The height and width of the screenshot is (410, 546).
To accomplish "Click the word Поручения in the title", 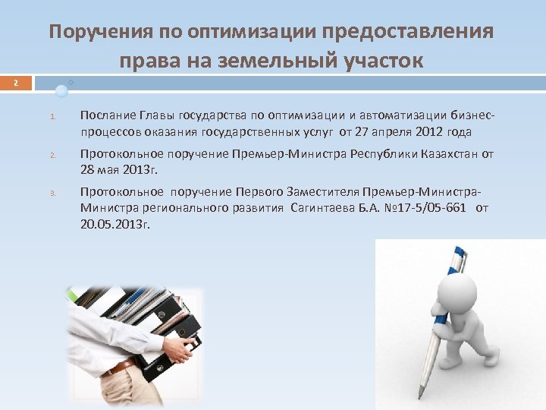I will coord(102,32).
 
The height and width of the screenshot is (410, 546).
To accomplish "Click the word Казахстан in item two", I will coord(450,154).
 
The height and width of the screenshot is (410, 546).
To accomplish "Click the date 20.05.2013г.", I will coord(115,225).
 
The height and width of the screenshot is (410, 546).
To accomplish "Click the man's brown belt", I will coord(119,368).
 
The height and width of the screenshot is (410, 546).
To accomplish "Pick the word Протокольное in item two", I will coord(118,154).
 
